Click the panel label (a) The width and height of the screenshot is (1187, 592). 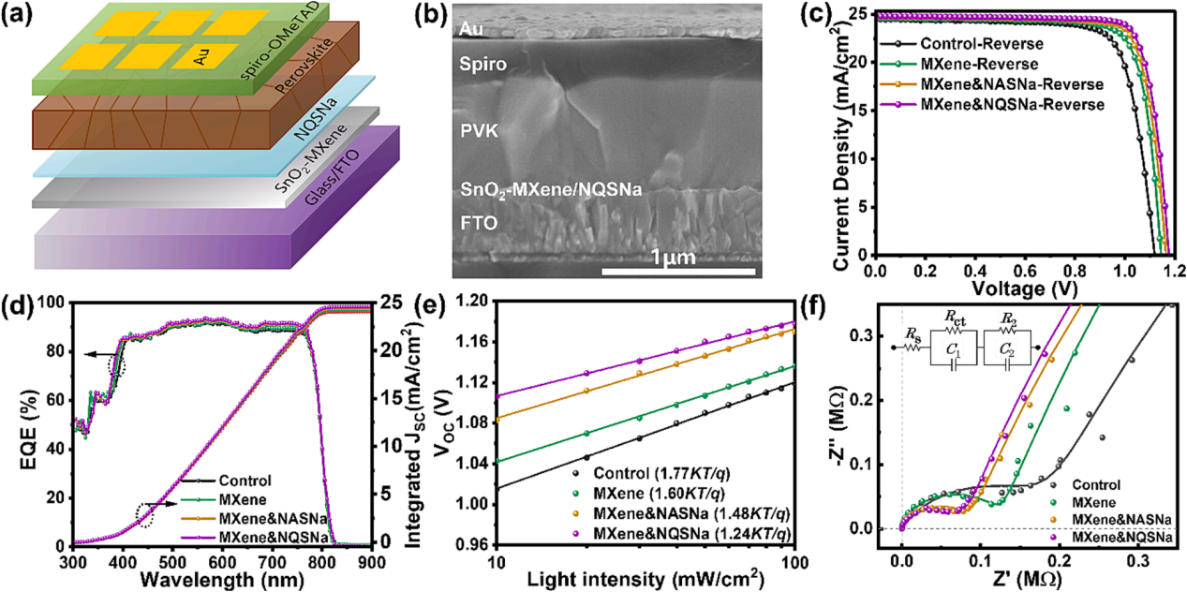point(21,18)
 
